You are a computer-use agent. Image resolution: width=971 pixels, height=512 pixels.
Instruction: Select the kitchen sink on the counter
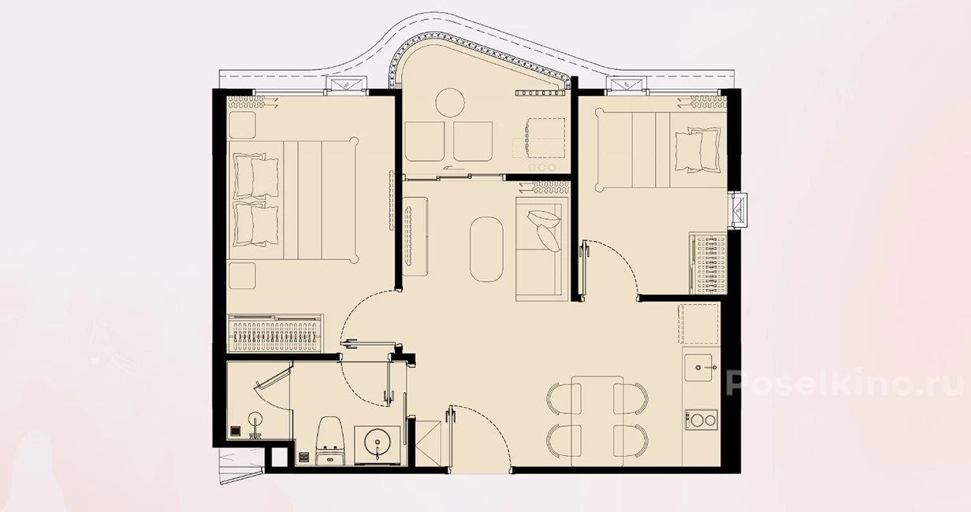pyautogui.click(x=698, y=367)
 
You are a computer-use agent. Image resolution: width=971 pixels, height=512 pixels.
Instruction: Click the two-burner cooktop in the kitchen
pyautogui.click(x=701, y=420)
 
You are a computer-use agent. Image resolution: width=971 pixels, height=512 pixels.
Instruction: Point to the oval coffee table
pyautogui.click(x=487, y=250)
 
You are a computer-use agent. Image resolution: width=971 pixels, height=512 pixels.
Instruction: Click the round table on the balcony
pyautogui.click(x=450, y=102)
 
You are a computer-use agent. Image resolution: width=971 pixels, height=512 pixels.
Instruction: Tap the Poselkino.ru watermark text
pyautogui.click(x=843, y=383)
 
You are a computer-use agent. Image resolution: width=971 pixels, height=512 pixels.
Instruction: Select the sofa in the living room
pyautogui.click(x=542, y=249)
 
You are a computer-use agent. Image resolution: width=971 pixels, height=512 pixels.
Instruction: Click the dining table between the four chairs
pyautogui.click(x=597, y=421)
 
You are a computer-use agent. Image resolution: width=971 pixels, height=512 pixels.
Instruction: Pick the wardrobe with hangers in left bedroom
pyautogui.click(x=275, y=333)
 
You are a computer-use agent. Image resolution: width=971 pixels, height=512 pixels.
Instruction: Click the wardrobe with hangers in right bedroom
pyautogui.click(x=708, y=263)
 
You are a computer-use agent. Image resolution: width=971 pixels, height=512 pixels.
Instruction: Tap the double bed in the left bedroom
pyautogui.click(x=293, y=200)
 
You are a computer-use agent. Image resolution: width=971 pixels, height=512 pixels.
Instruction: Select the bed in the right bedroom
pyautogui.click(x=661, y=150)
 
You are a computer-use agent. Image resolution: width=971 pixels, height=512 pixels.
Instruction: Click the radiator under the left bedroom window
pyautogui.click(x=248, y=102)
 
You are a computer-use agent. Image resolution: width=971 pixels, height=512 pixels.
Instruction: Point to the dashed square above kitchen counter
pyautogui.click(x=699, y=323)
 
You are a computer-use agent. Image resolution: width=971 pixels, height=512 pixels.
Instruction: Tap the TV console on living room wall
pyautogui.click(x=415, y=236)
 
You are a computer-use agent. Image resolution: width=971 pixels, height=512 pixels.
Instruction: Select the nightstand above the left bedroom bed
pyautogui.click(x=242, y=125)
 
